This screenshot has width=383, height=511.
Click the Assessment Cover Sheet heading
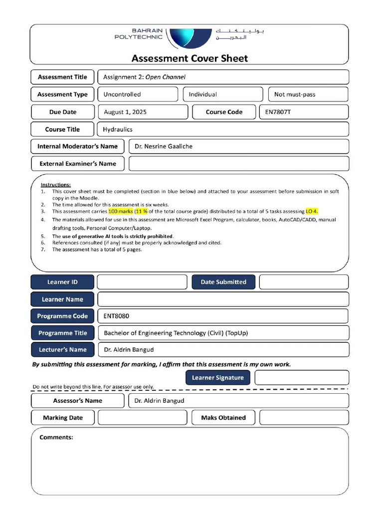pyautogui.click(x=190, y=58)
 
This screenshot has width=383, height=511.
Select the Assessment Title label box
pyautogui.click(x=62, y=77)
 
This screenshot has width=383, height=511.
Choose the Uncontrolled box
pyautogui.click(x=137, y=94)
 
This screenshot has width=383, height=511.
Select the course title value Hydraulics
pyautogui.click(x=118, y=129)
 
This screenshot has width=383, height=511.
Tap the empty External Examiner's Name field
pyautogui.click(x=238, y=163)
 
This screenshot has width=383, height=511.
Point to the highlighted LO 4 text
pyautogui.click(x=312, y=212)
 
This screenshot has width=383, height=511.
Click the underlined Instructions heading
pyautogui.click(x=56, y=185)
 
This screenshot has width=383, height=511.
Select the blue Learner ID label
pyautogui.click(x=62, y=282)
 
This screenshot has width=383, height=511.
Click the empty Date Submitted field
pyautogui.click(x=304, y=282)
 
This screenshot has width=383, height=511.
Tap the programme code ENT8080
pyautogui.click(x=116, y=316)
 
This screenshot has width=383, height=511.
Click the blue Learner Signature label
pyautogui.click(x=218, y=378)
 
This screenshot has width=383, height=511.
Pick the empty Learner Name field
pyautogui.click(x=223, y=299)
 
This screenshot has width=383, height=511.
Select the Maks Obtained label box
pyautogui.click(x=223, y=418)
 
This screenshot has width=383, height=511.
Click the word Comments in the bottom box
pyautogui.click(x=56, y=437)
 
